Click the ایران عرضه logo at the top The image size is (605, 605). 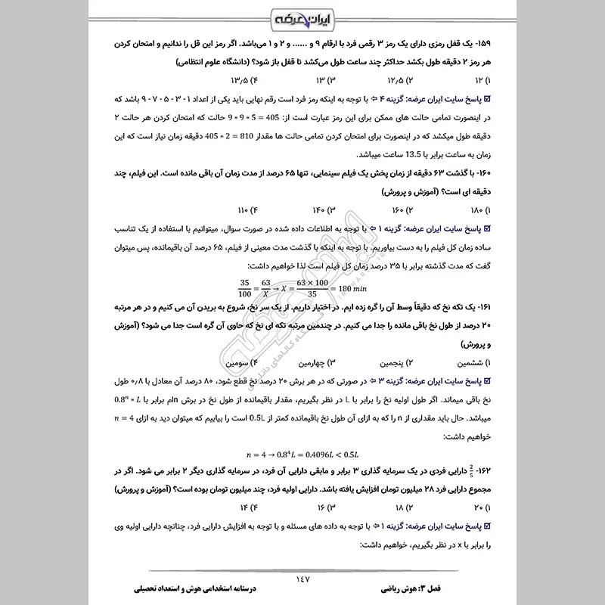[x=302, y=17]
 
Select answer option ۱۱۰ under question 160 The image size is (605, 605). [x=240, y=209]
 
